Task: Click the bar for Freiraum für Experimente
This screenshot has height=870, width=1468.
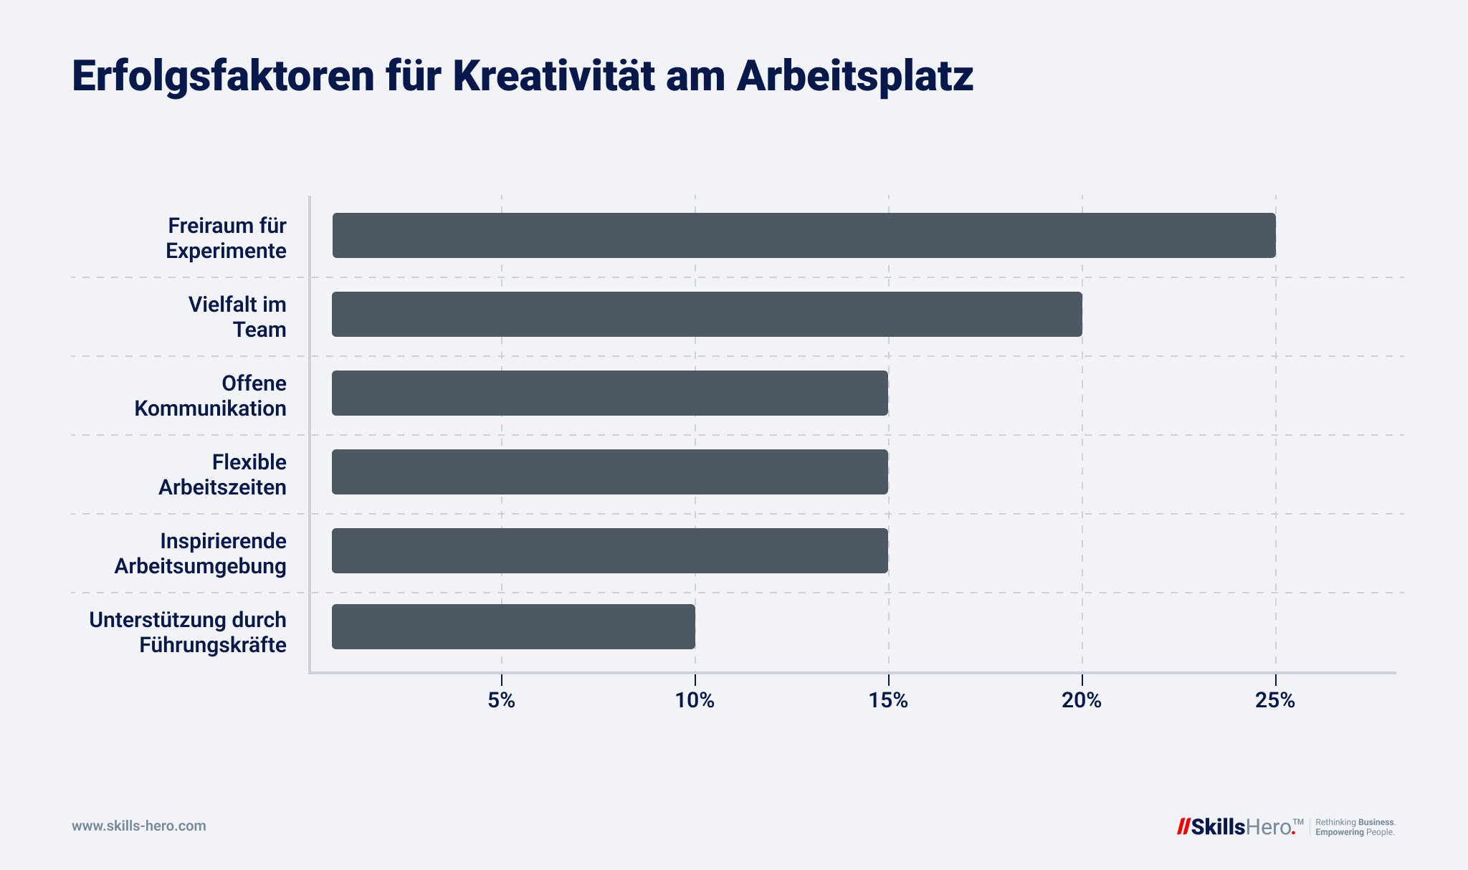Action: [x=804, y=235]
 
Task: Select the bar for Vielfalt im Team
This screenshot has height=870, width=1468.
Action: [x=707, y=314]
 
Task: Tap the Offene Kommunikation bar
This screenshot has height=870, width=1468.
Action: [x=610, y=393]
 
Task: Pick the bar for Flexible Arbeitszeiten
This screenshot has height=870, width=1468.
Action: [x=610, y=472]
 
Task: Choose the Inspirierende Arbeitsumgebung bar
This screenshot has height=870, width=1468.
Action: [x=610, y=550]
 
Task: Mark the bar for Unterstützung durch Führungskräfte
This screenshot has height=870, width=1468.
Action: [x=513, y=626]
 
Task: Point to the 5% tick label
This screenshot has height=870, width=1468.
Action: [x=501, y=701]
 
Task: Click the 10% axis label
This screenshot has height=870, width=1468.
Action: [x=695, y=701]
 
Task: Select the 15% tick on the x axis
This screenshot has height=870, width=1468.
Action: [x=888, y=701]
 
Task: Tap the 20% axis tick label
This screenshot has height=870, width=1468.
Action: [x=1082, y=701]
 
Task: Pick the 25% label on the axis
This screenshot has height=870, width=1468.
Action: [x=1275, y=701]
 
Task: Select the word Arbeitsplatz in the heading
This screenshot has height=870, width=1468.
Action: [x=854, y=76]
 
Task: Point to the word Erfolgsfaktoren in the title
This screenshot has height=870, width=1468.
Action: [x=223, y=76]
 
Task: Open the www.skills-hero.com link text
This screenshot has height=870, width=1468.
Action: [x=138, y=826]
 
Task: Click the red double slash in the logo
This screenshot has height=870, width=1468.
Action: [x=1183, y=826]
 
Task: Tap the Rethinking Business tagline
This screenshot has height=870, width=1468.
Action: [x=1355, y=822]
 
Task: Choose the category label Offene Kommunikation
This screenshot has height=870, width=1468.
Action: [x=211, y=396]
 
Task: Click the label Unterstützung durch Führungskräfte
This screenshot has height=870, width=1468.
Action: [x=188, y=632]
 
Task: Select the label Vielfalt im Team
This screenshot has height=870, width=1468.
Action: [x=237, y=317]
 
